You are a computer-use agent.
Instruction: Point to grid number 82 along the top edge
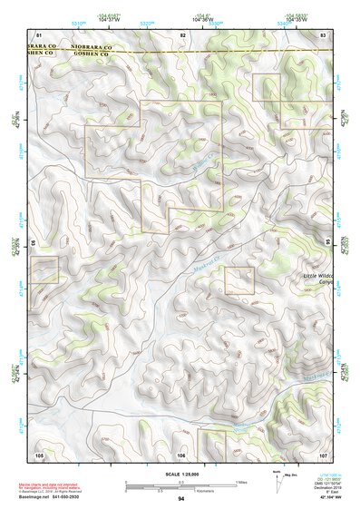pyautogui.click(x=182, y=34)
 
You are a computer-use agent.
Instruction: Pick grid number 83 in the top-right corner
pyautogui.click(x=323, y=34)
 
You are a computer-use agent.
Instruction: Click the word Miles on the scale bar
pyautogui.click(x=240, y=481)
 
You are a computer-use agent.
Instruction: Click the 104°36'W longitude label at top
pyautogui.click(x=182, y=18)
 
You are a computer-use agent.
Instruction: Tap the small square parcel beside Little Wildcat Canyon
pyautogui.click(x=239, y=280)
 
